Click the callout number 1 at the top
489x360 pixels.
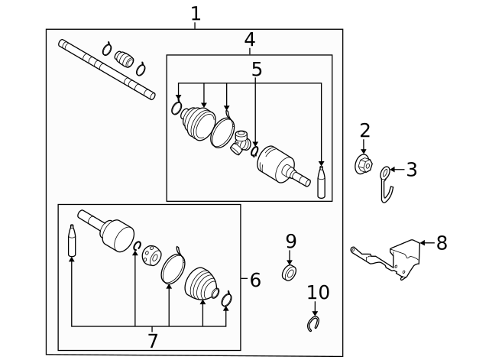pos(196,13)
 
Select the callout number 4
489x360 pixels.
pos(249,39)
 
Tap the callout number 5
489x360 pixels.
pos(257,70)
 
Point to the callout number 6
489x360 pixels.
pos(255,280)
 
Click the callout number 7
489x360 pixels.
pos(153,340)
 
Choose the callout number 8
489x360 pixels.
pos(442,244)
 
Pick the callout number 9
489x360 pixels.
pos(290,242)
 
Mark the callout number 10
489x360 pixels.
pos(318,292)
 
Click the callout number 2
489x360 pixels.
pos(364,131)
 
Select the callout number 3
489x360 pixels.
pos(411,170)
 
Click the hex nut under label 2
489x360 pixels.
pos(364,164)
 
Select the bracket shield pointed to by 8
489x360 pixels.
pos(404,258)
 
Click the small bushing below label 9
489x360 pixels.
pos(290,272)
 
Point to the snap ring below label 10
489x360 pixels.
pos(313,325)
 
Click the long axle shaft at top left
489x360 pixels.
pos(107,70)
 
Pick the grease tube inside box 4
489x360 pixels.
pos(321,183)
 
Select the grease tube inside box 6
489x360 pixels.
pos(72,241)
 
